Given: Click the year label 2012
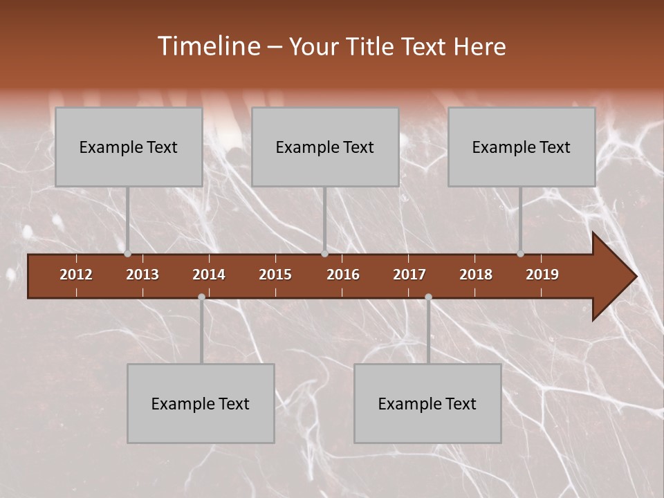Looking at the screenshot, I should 76,275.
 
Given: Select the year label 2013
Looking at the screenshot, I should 142,275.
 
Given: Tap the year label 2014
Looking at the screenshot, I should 209,275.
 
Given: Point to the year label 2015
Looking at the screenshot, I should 275,275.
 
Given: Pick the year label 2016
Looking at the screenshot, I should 343,275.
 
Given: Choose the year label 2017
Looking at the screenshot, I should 409,275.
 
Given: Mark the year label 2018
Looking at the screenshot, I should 476,275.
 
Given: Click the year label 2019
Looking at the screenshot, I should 542,275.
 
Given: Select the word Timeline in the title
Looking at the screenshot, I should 207,46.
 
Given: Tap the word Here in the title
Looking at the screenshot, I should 479,47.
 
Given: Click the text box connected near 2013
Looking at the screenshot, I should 129,147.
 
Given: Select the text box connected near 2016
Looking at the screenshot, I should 325,147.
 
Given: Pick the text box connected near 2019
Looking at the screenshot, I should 522,147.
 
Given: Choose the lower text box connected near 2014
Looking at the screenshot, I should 201,403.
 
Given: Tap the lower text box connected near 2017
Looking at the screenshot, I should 427,403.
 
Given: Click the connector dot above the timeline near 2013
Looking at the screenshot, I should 128,253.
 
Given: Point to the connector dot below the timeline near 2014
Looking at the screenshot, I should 201,297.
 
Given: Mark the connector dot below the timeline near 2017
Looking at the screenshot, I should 428,297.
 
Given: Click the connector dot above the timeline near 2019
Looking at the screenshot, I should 521,253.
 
